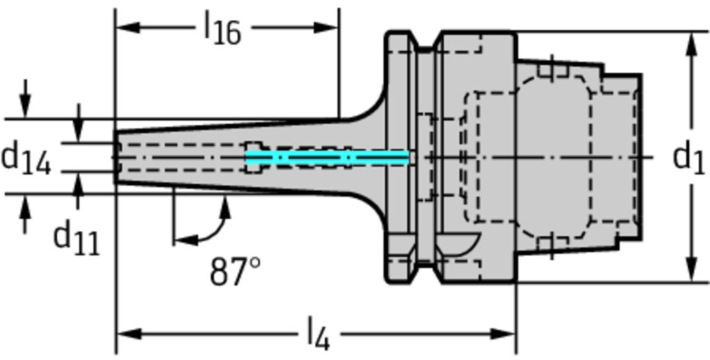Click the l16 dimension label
(x=222, y=29)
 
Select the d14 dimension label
(x=26, y=159)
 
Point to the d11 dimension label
(x=76, y=238)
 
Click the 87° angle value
(x=235, y=271)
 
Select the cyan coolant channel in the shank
(x=327, y=158)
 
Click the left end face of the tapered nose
(x=116, y=157)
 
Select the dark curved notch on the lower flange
(x=458, y=243)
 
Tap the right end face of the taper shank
(x=639, y=157)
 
